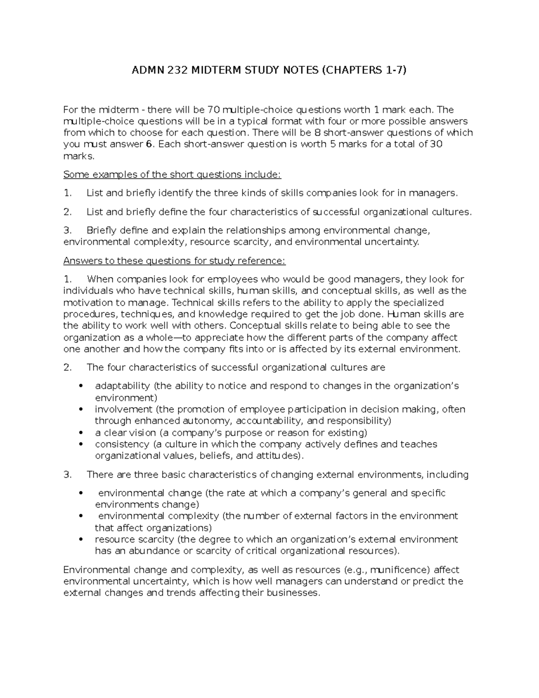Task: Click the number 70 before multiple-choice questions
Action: coord(214,110)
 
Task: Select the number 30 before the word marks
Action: coord(436,144)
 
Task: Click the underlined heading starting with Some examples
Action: coord(172,174)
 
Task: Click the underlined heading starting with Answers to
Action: coord(174,261)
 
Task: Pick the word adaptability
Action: coord(122,386)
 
